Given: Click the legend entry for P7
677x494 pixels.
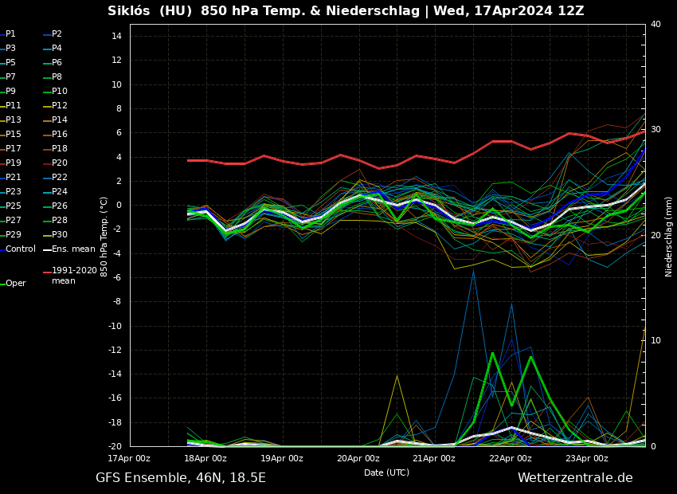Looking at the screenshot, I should point(10,77).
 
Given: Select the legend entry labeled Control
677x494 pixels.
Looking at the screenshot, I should point(20,249).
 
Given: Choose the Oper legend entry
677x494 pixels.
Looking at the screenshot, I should point(15,284).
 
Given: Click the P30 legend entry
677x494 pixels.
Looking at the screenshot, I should point(59,235).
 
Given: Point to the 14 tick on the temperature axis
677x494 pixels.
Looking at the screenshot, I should point(115,36).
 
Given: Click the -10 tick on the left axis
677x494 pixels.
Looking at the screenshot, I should point(115,326).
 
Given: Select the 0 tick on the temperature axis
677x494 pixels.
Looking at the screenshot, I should point(118,206).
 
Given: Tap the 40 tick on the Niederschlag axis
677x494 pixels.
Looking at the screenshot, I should point(655,25).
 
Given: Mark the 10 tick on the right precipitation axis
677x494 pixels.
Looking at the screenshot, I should point(655,341).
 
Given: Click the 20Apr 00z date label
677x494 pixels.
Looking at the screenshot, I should point(358,459).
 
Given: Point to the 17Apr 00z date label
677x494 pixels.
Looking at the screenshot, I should point(129,459).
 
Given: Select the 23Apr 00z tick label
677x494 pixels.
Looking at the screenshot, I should point(586,459).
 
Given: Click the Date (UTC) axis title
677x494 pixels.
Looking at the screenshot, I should point(386,473).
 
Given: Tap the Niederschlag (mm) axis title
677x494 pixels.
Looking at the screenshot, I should point(669,237).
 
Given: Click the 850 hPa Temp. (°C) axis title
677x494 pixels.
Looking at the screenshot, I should point(104,237).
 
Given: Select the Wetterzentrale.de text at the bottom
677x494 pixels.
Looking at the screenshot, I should point(575,478).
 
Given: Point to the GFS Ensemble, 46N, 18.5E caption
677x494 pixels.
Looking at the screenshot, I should point(181,478).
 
